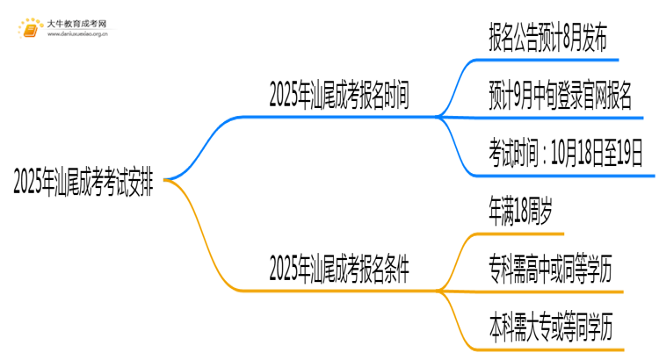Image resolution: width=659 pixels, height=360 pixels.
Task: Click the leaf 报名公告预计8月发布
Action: [x=547, y=38]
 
